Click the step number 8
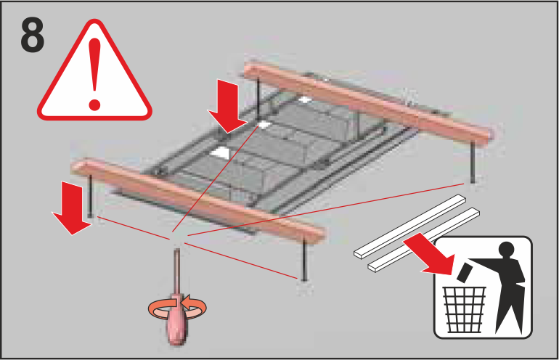coord(33,35)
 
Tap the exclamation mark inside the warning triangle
coord(95,74)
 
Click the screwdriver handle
coord(177,319)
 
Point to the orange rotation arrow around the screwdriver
coord(177,308)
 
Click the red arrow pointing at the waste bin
coord(431,255)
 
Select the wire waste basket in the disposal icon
coord(464,309)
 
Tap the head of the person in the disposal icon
coord(507,250)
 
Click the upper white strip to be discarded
coord(410,226)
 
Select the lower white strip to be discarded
coord(424,240)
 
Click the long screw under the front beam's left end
coord(90,195)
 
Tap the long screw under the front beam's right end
coord(304,259)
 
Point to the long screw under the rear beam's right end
coord(473,162)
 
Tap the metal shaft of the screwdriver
coord(176,271)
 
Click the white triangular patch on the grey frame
coord(220,152)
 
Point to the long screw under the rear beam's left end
coord(258,99)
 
